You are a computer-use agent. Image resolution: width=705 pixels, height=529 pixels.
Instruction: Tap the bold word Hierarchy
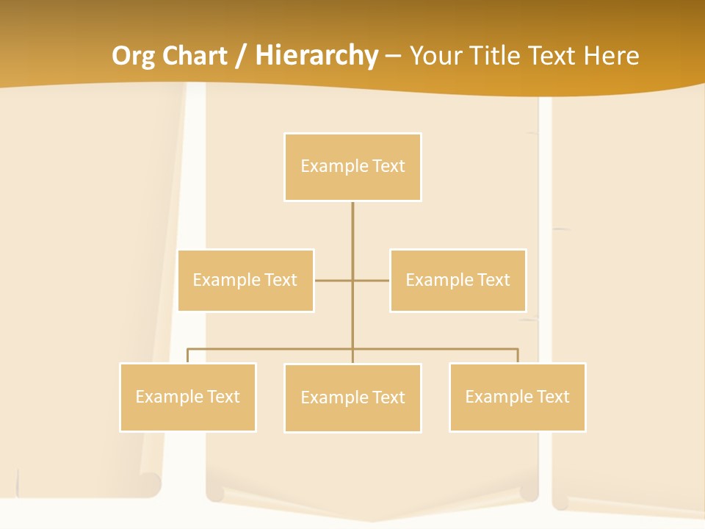317,56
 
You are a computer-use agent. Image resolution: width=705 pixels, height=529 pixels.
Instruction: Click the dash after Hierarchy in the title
393,56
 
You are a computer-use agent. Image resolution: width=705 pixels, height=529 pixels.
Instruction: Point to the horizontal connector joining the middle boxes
334,280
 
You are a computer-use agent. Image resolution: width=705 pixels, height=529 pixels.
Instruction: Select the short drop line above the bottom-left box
187,356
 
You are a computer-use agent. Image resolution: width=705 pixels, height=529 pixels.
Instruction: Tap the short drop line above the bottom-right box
518,356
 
